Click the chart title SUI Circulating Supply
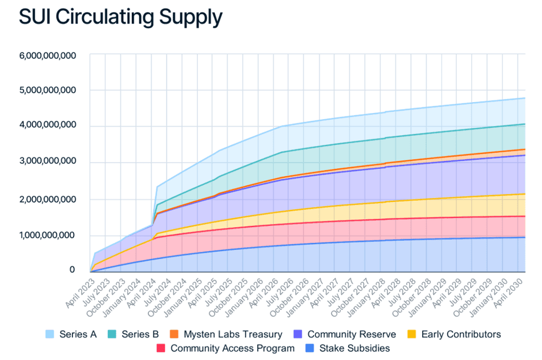[120, 17]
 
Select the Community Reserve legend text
[351, 334]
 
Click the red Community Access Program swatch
[161, 348]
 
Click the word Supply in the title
[190, 17]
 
